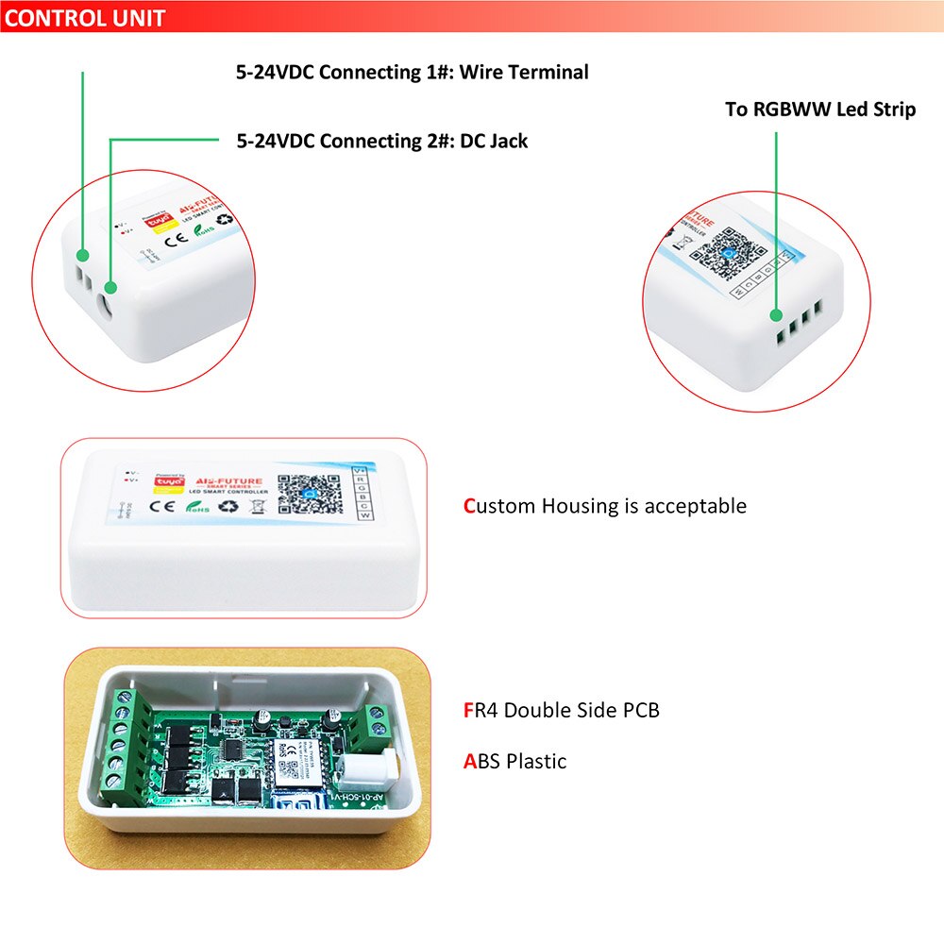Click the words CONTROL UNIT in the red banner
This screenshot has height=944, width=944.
click(85, 17)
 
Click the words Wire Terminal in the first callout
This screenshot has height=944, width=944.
click(524, 73)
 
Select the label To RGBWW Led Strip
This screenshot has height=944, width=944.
click(819, 110)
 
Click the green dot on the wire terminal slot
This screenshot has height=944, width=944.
click(83, 256)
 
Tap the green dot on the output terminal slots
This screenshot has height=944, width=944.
click(776, 316)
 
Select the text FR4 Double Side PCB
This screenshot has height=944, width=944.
click(561, 711)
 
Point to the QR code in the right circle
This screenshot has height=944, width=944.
click(732, 250)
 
